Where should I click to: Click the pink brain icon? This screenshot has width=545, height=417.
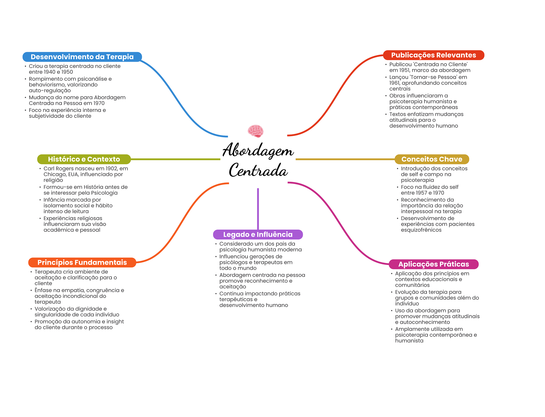click(x=255, y=131)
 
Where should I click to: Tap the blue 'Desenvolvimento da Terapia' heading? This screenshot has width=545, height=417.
click(x=82, y=57)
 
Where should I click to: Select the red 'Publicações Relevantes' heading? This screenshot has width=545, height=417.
click(x=433, y=55)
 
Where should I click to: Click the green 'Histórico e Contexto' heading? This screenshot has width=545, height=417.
click(x=84, y=159)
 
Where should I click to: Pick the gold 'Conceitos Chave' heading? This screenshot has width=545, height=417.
click(x=432, y=159)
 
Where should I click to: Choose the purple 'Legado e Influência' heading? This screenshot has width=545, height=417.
click(x=258, y=234)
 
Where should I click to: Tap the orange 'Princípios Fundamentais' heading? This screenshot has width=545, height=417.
click(x=82, y=262)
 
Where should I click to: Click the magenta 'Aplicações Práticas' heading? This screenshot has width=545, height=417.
click(x=433, y=264)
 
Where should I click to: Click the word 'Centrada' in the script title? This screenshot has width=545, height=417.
click(x=258, y=170)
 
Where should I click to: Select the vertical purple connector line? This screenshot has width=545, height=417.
click(x=258, y=209)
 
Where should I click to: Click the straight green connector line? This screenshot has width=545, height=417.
click(x=176, y=159)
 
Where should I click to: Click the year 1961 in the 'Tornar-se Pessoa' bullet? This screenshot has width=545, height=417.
click(x=395, y=83)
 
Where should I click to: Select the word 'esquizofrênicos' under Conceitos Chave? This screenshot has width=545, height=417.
click(x=421, y=230)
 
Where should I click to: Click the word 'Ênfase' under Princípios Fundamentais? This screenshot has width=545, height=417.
click(x=43, y=290)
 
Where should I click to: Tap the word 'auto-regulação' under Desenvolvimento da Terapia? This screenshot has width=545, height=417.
click(x=50, y=91)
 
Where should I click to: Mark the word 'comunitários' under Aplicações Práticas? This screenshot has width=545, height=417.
click(x=412, y=285)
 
